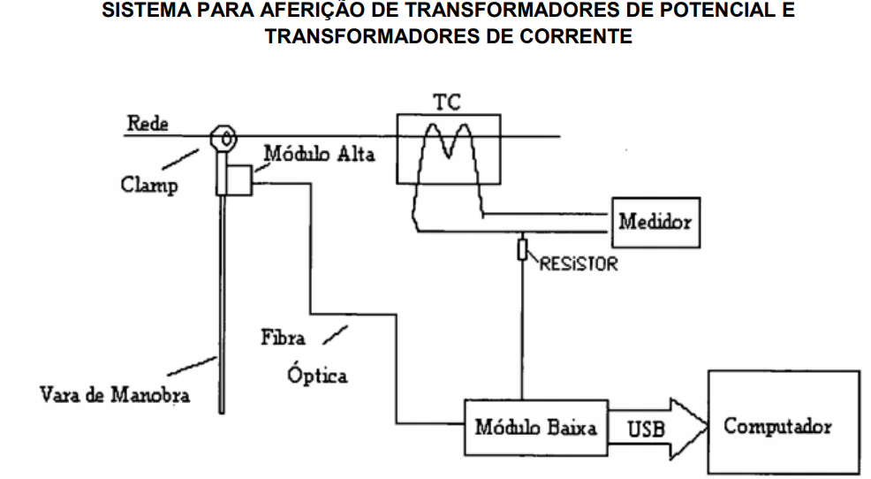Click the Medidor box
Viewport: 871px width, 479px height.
point(655,222)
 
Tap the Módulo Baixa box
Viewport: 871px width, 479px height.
point(535,429)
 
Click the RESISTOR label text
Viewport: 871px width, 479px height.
point(578,263)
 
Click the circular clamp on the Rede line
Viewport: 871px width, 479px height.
point(224,139)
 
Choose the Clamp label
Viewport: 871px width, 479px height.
point(148,186)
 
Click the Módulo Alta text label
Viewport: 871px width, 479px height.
point(319,156)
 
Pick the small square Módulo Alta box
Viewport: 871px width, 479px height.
point(238,180)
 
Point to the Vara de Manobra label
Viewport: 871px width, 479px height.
point(115,393)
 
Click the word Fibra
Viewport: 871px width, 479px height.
point(283,338)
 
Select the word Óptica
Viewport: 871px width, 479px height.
point(317,375)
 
